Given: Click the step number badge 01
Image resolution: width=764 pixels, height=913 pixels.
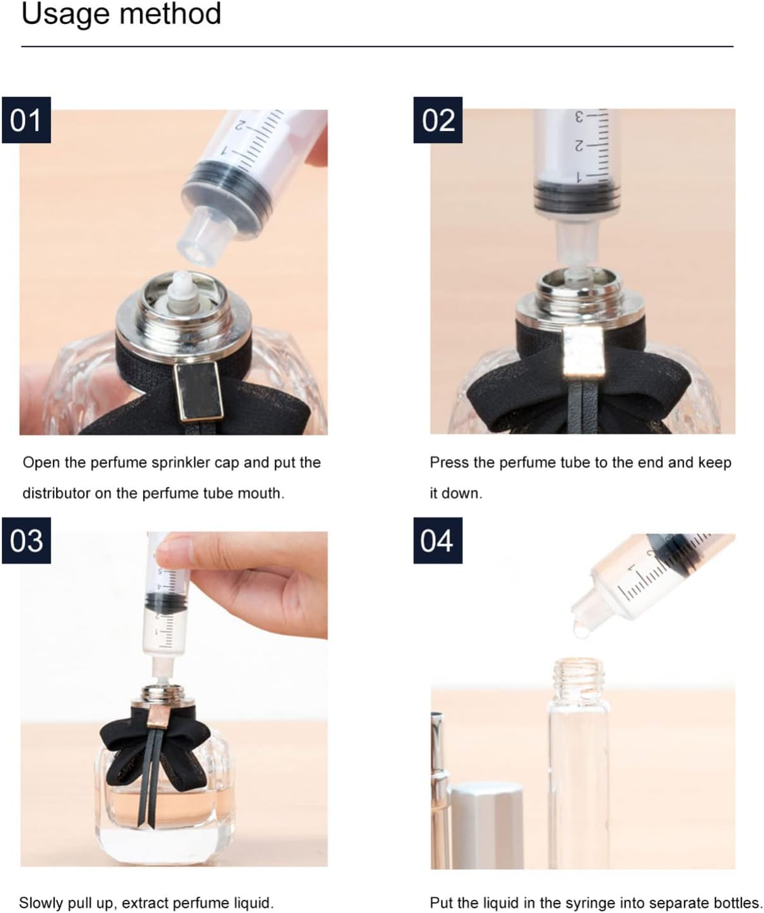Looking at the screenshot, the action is tap(26, 120).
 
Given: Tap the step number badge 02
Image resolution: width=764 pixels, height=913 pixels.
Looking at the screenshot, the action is tap(438, 120).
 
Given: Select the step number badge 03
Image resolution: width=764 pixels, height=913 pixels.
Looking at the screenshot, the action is tap(26, 540).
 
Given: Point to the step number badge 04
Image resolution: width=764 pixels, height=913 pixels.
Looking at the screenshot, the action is tap(438, 540).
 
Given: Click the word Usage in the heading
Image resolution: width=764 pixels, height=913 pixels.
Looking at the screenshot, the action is tap(66, 15).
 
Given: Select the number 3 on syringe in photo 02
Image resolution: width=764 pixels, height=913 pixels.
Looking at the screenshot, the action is tap(579, 116).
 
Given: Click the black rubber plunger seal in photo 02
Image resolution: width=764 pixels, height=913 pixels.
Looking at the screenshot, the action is tap(577, 195).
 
